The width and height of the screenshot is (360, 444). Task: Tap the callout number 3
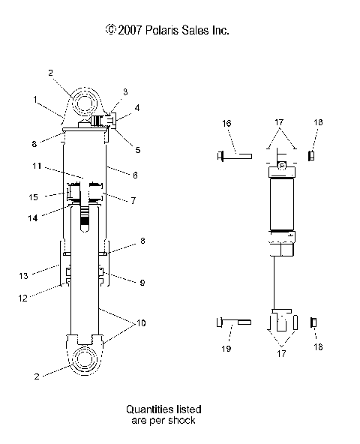[124, 91]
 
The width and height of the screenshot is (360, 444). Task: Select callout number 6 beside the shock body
[134, 174]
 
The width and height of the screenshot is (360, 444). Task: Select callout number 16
[226, 122]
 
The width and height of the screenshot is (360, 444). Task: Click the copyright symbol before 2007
[111, 31]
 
